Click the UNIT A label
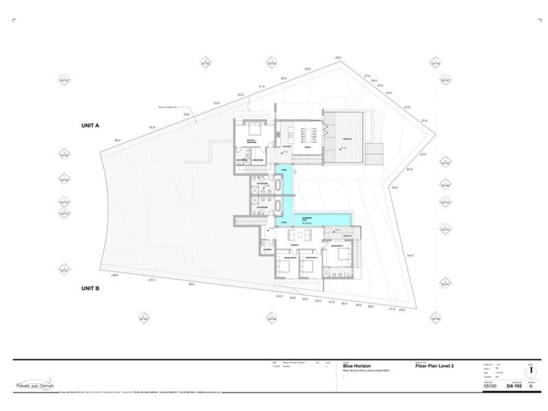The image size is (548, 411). (90, 126)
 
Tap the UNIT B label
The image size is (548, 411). (90, 288)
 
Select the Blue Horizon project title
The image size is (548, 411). (358, 366)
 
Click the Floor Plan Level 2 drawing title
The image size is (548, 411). (434, 366)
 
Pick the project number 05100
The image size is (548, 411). (490, 386)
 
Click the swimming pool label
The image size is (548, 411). (308, 220)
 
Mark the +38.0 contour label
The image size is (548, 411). (114, 275)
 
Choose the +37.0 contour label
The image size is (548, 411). (151, 279)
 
